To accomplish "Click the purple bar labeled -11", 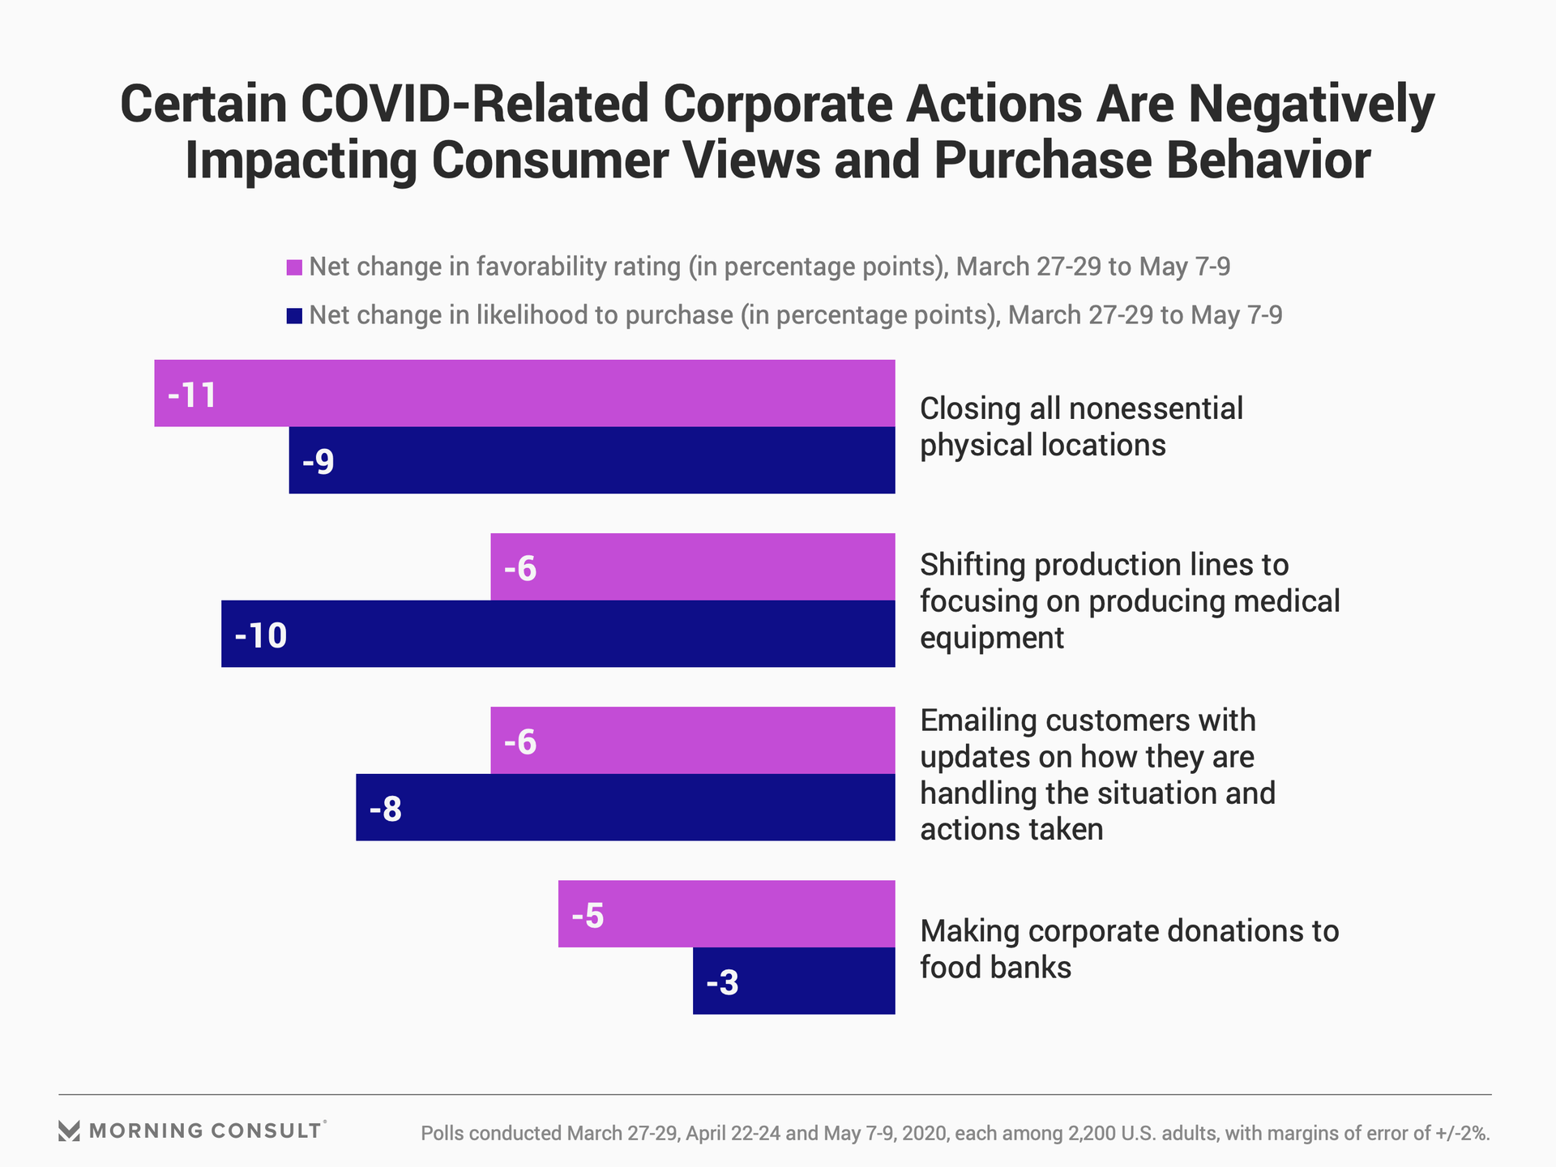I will (524, 393).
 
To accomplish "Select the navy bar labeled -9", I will (592, 460).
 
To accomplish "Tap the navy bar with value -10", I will (558, 634).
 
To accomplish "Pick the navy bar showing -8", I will (625, 807).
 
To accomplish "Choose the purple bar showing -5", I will (726, 914).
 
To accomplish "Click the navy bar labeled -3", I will (793, 981).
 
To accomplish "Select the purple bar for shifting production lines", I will (693, 566).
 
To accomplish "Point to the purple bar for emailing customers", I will (693, 740).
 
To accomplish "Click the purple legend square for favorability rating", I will (294, 267).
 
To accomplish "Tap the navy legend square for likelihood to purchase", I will (294, 316).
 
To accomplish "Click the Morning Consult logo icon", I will (70, 1131).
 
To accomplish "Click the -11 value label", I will (192, 395).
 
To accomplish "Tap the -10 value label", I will (261, 635).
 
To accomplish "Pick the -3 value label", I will (722, 983).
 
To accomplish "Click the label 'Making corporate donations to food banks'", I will (1129, 949).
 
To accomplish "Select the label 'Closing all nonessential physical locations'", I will (1081, 427).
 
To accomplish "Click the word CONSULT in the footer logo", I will (266, 1131).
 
